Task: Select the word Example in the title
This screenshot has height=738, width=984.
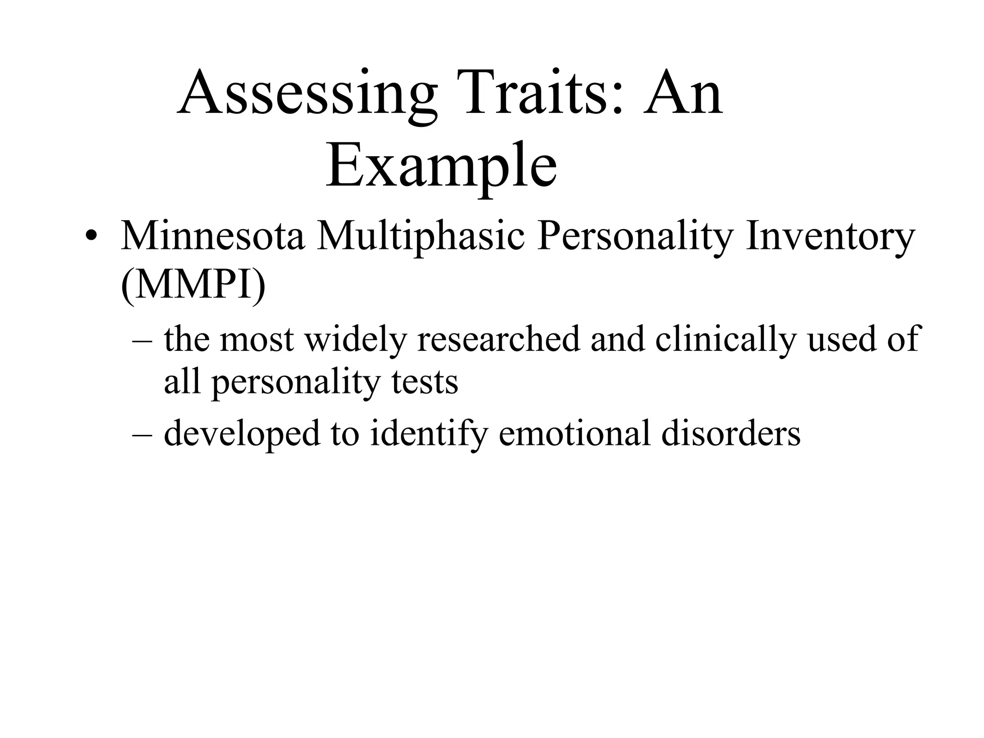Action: pyautogui.click(x=441, y=166)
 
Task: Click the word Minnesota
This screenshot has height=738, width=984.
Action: pyautogui.click(x=212, y=236)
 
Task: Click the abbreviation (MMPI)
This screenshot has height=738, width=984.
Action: pyautogui.click(x=193, y=285)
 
